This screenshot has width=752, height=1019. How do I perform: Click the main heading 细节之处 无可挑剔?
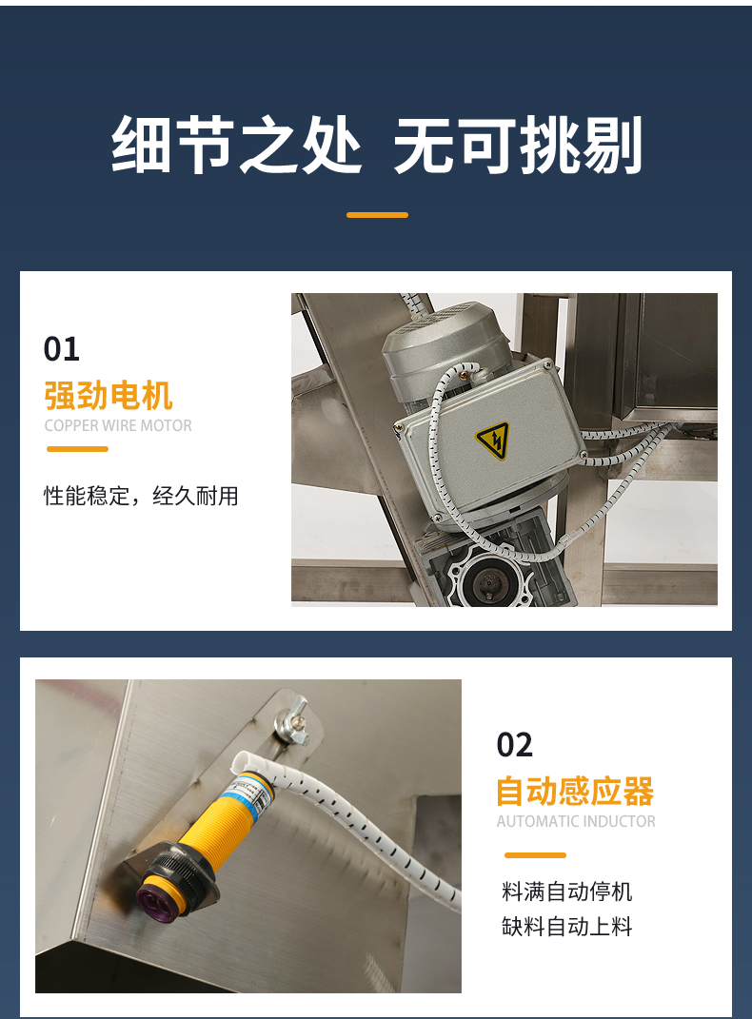point(376,145)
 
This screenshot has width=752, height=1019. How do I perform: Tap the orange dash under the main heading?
point(377,214)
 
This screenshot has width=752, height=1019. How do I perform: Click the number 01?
point(62,349)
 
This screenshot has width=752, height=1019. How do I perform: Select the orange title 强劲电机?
point(109,396)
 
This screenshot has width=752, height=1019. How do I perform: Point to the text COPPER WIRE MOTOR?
point(118,425)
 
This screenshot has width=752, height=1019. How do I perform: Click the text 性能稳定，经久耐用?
point(141,496)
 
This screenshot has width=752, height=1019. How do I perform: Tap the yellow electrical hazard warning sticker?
point(493,441)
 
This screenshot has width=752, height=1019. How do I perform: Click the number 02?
point(515,745)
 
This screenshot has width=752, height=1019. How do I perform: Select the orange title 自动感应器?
point(575,791)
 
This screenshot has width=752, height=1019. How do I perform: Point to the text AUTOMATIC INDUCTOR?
point(576,821)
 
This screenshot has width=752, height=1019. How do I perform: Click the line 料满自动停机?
point(566,892)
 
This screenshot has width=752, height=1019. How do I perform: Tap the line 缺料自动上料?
point(566,926)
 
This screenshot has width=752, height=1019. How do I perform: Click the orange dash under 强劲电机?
point(77,448)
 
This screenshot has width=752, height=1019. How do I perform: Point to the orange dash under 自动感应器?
point(535,855)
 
